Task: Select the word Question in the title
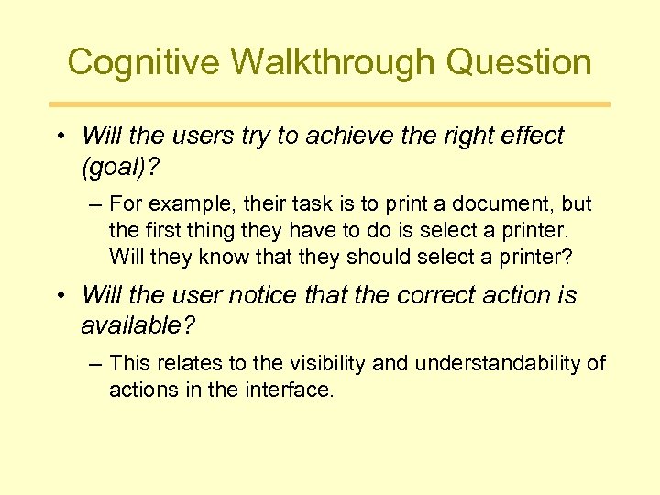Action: pos(523,62)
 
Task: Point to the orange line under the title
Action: pos(330,104)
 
